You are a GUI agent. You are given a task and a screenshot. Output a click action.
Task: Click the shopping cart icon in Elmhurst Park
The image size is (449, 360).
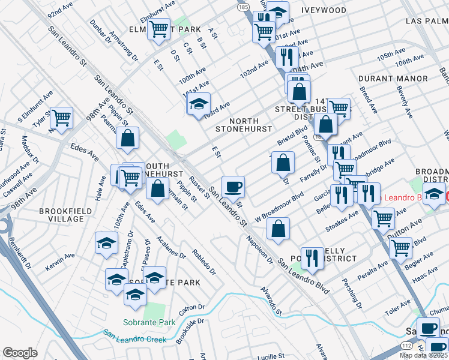(159, 29)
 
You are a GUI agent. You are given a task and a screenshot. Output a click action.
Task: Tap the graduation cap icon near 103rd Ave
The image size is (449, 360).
(199, 104)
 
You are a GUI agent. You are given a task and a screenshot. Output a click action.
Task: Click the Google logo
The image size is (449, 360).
(20, 353)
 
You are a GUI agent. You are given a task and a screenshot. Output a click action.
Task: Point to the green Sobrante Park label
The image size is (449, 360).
(150, 322)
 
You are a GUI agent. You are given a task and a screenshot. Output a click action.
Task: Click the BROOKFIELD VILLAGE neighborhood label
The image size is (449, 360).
(62, 215)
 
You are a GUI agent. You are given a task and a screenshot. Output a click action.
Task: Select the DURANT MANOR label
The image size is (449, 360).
(393, 79)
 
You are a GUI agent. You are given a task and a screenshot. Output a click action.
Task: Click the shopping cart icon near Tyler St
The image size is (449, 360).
(61, 118)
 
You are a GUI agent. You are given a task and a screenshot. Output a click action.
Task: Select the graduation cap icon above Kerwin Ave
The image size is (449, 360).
(106, 242)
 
